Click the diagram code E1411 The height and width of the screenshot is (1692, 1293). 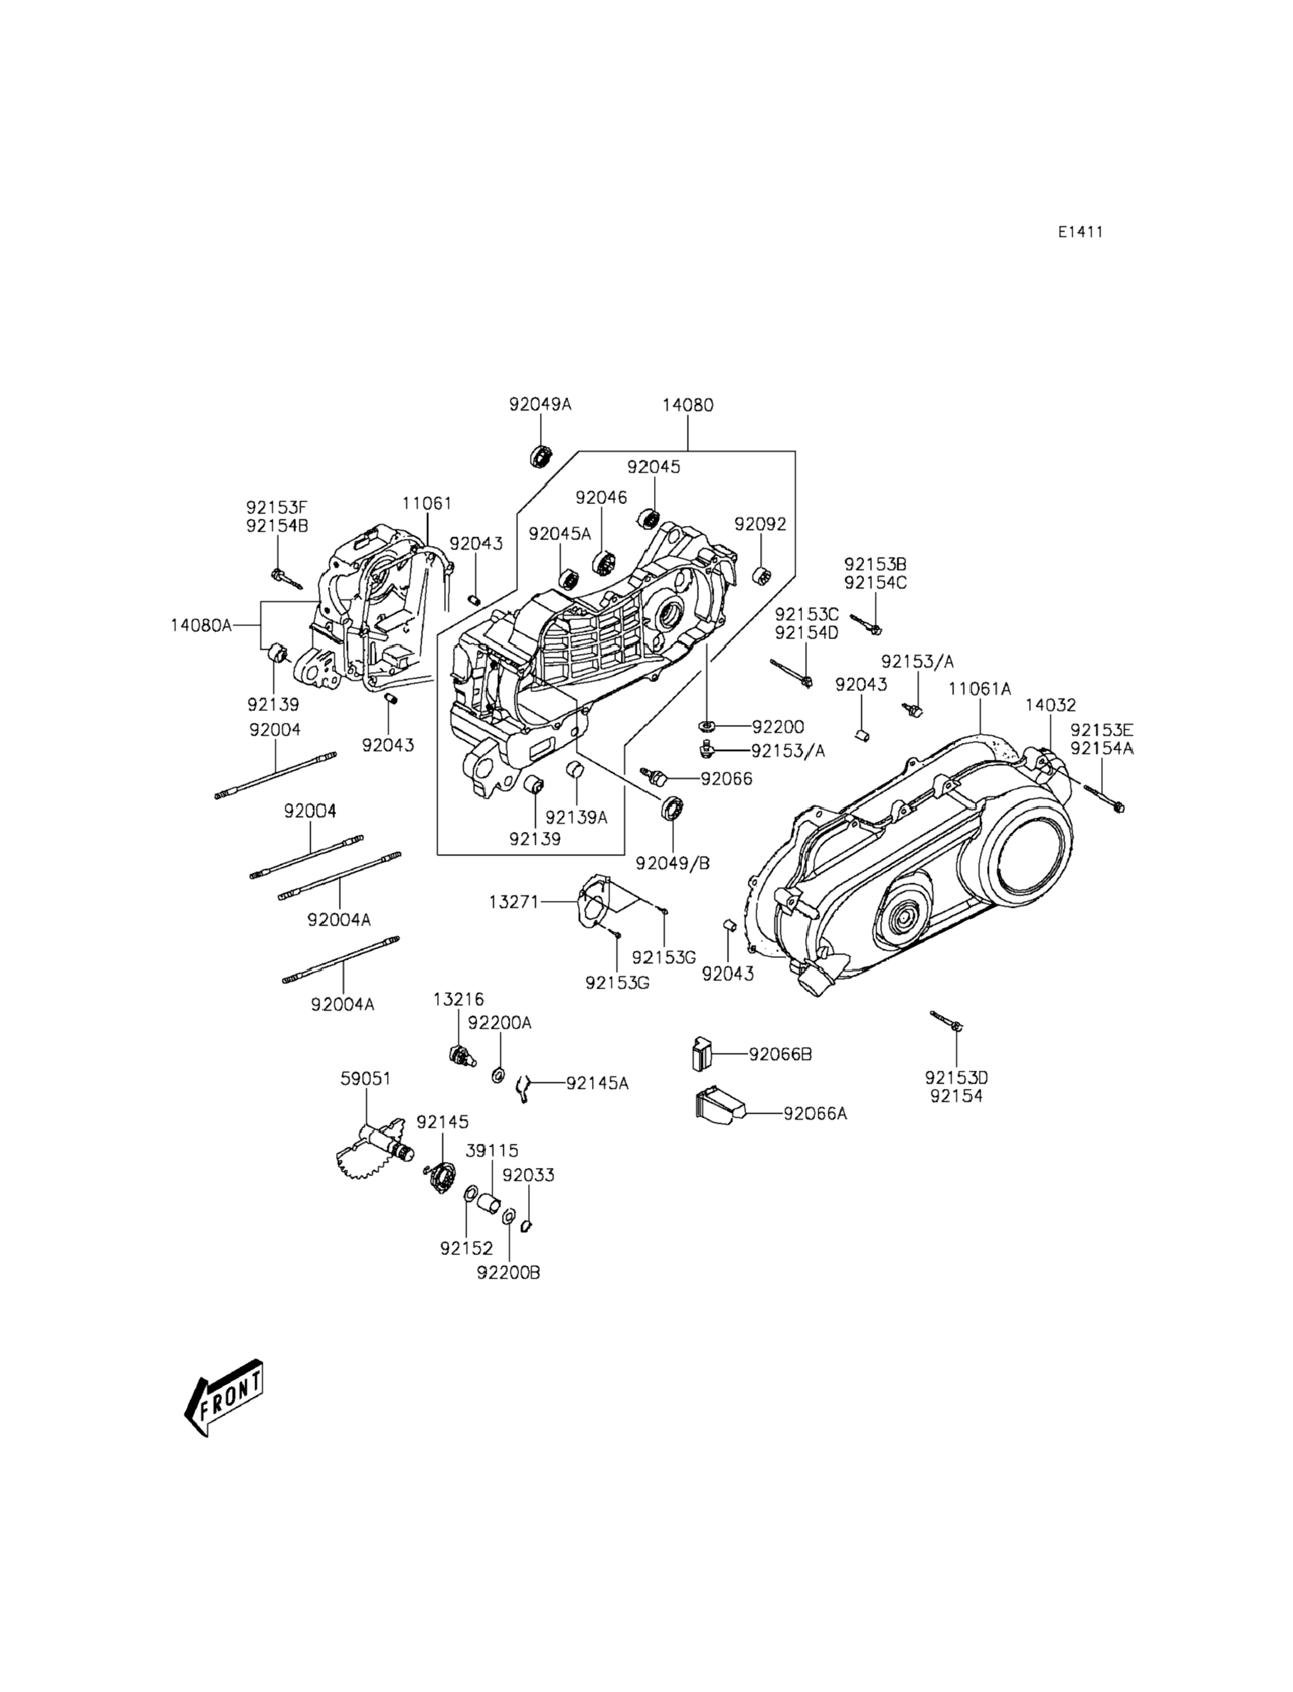click(1080, 231)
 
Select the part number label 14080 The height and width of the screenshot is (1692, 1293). click(688, 405)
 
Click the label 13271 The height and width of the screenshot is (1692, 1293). click(514, 901)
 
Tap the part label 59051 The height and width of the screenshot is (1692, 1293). click(366, 1079)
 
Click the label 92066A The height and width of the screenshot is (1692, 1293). click(815, 1113)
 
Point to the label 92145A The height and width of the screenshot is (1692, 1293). click(597, 1083)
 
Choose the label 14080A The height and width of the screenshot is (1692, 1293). click(201, 625)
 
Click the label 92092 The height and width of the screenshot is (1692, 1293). click(761, 524)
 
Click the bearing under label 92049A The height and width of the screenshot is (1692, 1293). click(542, 455)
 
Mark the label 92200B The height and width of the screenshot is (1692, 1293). click(509, 1273)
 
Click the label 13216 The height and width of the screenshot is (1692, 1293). click(459, 999)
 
